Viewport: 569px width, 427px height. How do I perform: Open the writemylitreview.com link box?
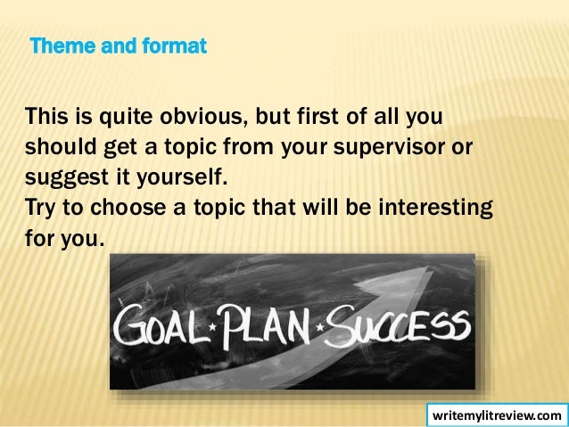pos(497,415)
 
